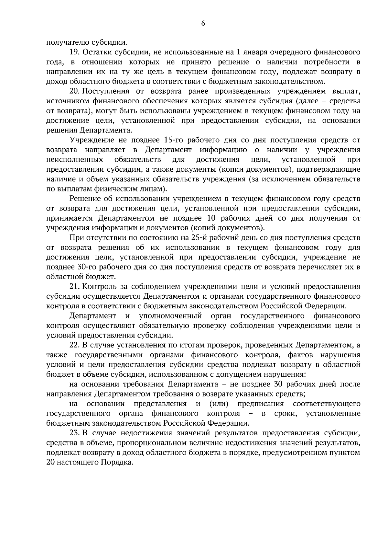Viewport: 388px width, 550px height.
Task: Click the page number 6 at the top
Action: pyautogui.click(x=203, y=23)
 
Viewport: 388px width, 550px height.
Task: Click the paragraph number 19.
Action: pyautogui.click(x=74, y=52)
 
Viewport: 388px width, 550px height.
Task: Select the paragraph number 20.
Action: pyautogui.click(x=75, y=91)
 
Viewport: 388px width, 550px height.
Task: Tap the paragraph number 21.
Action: pyautogui.click(x=75, y=287)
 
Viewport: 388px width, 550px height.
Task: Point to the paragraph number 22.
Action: pyautogui.click(x=75, y=345)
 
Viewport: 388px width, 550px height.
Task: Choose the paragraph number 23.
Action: pyautogui.click(x=75, y=433)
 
